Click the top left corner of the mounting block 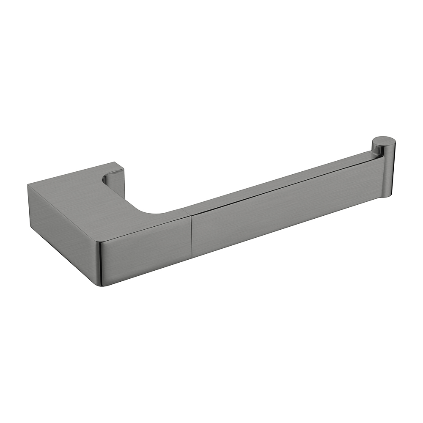(28, 185)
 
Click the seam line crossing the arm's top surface (188, 209)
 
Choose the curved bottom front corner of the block (102, 284)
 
